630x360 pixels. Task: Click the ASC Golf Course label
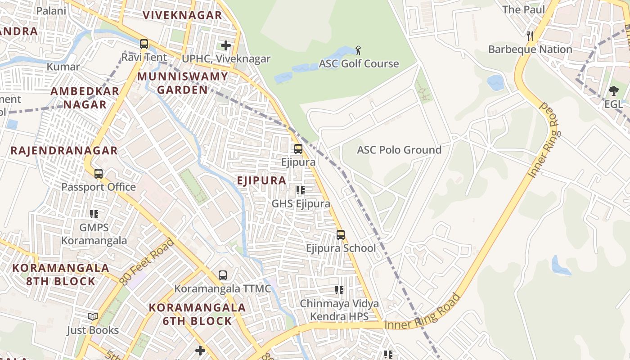[359, 63]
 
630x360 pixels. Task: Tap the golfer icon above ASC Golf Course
[358, 50]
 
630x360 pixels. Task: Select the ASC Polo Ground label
[399, 150]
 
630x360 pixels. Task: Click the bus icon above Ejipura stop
[298, 148]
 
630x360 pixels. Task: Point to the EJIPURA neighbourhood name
[261, 180]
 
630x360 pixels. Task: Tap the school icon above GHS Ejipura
[301, 190]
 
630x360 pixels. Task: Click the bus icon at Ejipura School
[341, 234]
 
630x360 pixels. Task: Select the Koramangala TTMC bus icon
[222, 275]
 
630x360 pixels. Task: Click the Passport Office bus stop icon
[98, 173]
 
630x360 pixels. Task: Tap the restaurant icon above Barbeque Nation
[530, 36]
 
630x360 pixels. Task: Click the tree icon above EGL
[613, 91]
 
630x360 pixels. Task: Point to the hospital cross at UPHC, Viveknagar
[226, 45]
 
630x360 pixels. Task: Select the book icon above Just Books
[93, 317]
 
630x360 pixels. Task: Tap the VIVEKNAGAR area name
[182, 15]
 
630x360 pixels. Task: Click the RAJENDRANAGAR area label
[64, 150]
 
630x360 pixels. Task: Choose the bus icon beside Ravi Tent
[144, 44]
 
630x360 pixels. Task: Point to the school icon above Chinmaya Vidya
[339, 290]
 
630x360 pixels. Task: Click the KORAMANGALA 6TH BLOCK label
[197, 314]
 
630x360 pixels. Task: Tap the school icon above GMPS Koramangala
[94, 214]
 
